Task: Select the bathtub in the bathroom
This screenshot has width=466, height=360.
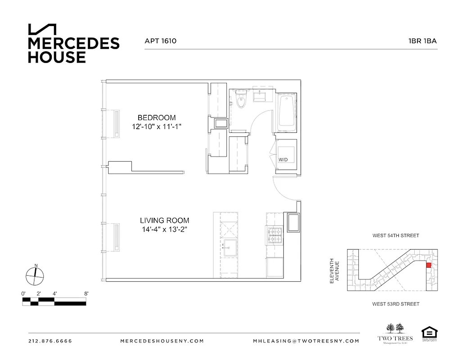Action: click(285, 112)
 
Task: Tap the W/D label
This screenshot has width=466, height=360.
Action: click(283, 160)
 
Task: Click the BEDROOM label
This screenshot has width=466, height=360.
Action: click(156, 118)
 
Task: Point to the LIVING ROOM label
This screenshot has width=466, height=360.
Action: click(164, 220)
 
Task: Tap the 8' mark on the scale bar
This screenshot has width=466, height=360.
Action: click(86, 293)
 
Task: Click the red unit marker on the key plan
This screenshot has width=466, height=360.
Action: click(428, 265)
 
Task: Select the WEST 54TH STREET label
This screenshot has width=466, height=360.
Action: click(396, 235)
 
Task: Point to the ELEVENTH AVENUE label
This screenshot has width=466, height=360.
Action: click(334, 270)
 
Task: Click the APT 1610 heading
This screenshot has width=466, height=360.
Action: click(160, 41)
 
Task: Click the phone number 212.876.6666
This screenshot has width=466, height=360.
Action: click(50, 341)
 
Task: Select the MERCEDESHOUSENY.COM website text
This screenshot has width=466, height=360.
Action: click(163, 341)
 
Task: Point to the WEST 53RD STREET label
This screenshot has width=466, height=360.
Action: click(396, 304)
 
